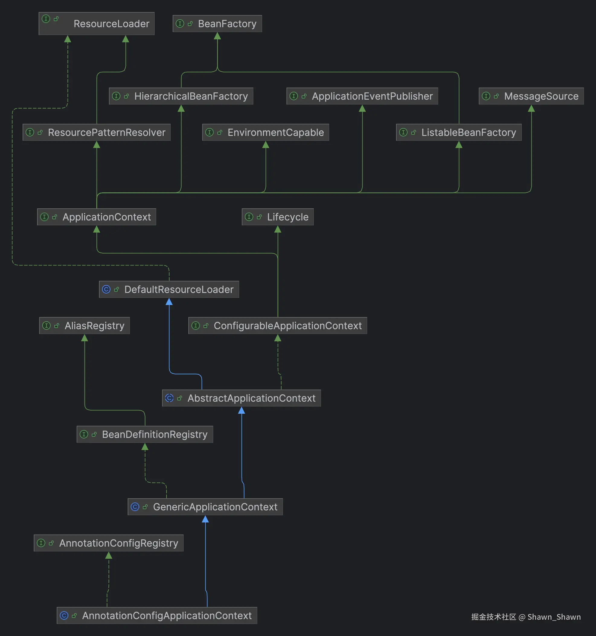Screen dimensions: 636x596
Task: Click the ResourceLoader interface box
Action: [96, 24]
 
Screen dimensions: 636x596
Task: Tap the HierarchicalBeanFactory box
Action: [181, 96]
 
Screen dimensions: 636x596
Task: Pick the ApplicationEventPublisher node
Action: [362, 96]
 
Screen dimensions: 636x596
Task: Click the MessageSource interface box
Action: [531, 96]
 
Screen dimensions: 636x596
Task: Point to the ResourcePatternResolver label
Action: [107, 133]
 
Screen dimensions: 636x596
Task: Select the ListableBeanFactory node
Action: [459, 133]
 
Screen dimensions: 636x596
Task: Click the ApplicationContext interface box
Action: [97, 217]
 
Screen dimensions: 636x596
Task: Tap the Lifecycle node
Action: [278, 217]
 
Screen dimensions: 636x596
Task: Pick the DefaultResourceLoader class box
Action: [169, 290]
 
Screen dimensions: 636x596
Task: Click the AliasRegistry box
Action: [85, 326]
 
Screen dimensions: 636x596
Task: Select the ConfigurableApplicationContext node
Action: [278, 326]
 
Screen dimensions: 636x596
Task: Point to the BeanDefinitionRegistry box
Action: [145, 435]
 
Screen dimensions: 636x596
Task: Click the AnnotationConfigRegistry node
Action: [109, 543]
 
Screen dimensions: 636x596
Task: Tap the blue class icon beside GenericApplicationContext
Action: [135, 507]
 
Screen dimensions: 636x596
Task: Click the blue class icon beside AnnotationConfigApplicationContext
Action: [64, 615]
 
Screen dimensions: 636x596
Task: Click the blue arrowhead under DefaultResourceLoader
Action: [169, 302]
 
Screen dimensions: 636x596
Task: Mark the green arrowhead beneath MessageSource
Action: [531, 108]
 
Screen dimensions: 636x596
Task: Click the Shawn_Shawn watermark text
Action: [554, 617]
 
